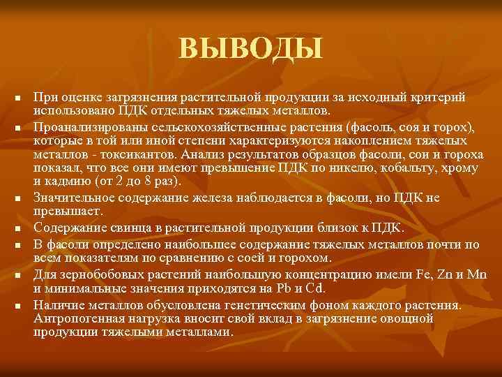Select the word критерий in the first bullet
(439, 96)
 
